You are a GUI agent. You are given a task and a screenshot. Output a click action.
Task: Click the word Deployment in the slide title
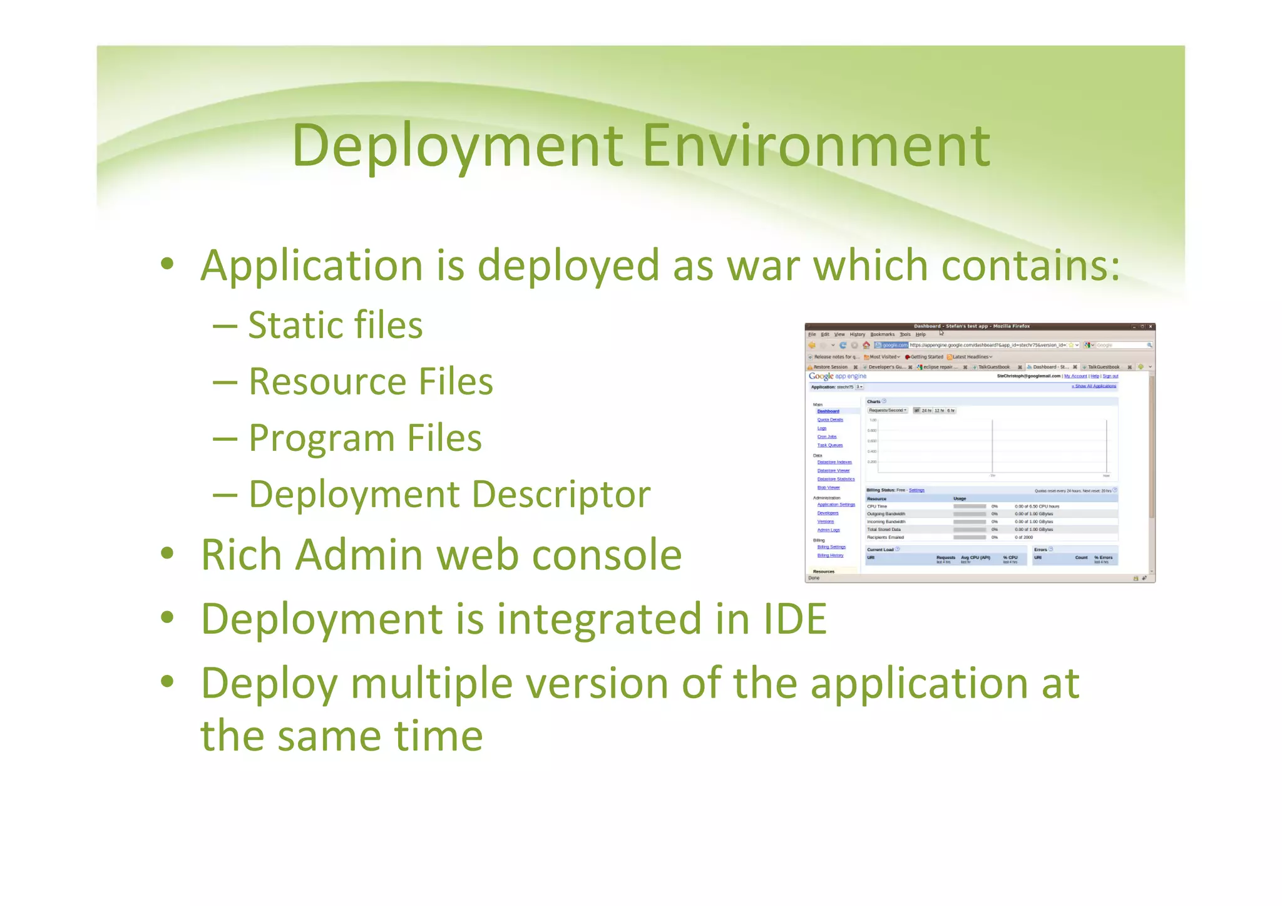pos(457,146)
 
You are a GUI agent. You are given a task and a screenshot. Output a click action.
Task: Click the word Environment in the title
pos(816,146)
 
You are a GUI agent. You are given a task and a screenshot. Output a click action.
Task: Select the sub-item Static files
pos(335,326)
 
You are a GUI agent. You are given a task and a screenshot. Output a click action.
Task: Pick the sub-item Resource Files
pos(371,382)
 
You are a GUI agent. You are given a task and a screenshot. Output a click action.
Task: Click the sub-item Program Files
pos(365,438)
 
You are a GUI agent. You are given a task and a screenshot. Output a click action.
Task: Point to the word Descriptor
pos(560,495)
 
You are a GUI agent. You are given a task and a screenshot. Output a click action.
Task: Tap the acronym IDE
pos(795,619)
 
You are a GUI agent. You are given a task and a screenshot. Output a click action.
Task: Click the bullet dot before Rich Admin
pos(167,554)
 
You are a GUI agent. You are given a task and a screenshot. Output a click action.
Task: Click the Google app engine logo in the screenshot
pos(837,376)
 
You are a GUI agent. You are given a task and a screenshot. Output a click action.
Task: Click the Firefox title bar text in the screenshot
pos(971,326)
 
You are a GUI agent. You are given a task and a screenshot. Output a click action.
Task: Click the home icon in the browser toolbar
pos(866,345)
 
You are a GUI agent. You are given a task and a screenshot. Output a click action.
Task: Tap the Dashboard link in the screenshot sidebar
pos(828,411)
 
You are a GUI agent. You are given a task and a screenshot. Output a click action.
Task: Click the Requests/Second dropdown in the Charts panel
pos(887,411)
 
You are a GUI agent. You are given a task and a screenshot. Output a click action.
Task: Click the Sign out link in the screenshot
pos(1110,376)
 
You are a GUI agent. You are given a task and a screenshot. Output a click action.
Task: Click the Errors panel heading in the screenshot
pos(1040,550)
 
